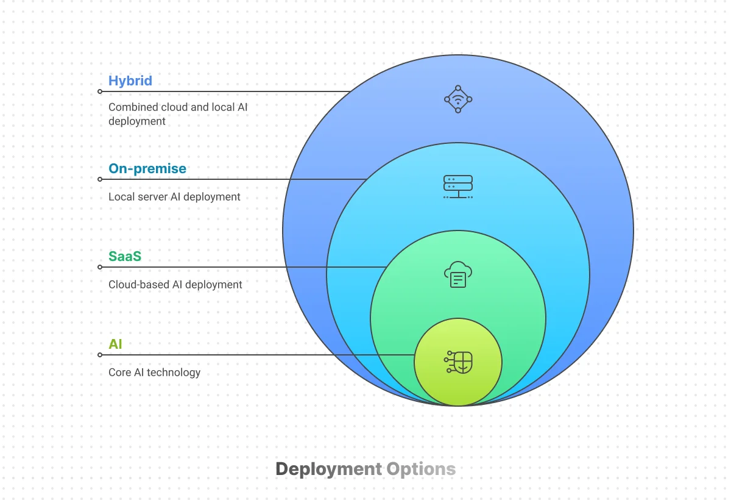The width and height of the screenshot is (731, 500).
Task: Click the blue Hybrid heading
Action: (x=130, y=80)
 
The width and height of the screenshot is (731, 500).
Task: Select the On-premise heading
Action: (x=147, y=168)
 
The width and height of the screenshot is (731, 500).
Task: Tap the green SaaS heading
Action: (x=125, y=256)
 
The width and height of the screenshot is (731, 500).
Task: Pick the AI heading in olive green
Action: (x=115, y=344)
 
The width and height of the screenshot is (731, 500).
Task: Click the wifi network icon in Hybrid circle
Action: (x=458, y=99)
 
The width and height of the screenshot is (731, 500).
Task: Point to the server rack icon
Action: (x=458, y=187)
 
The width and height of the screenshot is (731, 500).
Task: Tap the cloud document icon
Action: (x=458, y=274)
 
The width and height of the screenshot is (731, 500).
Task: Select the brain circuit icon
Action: (x=459, y=362)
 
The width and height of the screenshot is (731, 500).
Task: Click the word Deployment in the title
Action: (x=328, y=469)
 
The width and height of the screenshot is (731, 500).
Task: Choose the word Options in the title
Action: (x=421, y=469)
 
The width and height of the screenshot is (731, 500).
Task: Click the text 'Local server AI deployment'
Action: (x=174, y=197)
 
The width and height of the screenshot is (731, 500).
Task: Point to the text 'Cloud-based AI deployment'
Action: (x=175, y=285)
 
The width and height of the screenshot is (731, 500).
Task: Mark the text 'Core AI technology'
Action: (x=154, y=373)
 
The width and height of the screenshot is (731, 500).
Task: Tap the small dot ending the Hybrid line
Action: (x=100, y=91)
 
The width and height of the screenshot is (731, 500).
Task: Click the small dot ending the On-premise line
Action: (x=100, y=179)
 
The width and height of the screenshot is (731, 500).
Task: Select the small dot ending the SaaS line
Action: (x=100, y=267)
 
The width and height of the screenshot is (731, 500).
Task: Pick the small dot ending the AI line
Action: (x=100, y=355)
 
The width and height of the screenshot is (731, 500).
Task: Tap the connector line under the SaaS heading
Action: (x=244, y=267)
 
